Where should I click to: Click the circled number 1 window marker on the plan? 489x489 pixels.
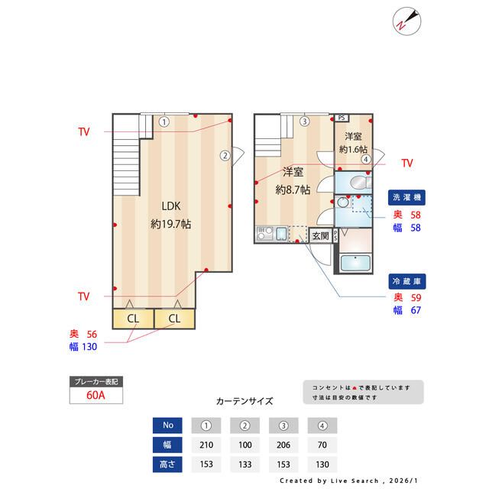coord(164,121)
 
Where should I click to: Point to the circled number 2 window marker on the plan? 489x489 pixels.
coord(225,155)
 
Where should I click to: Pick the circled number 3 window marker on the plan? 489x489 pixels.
coord(304,121)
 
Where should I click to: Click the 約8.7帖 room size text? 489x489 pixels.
coord(293,189)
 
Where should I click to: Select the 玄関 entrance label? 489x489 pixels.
coord(320,236)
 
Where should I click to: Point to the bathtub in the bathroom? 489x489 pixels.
coord(354,264)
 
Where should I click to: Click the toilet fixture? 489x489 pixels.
coord(358,182)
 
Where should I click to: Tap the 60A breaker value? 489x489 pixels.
coord(96,397)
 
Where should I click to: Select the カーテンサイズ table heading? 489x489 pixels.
coord(244,400)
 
